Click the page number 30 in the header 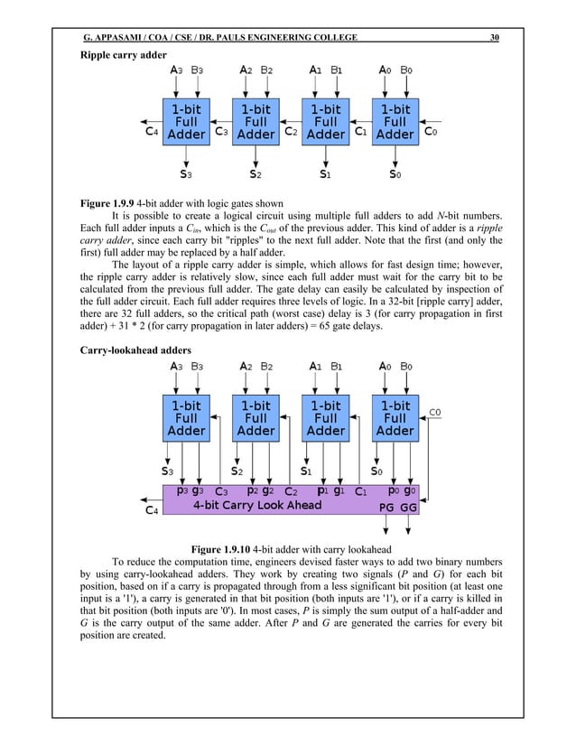pos(494,37)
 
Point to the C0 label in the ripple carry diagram pos(432,130)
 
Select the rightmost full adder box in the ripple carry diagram pos(395,122)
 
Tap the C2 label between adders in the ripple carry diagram pos(291,132)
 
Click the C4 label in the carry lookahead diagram pos(154,510)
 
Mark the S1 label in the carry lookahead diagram pos(305,470)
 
